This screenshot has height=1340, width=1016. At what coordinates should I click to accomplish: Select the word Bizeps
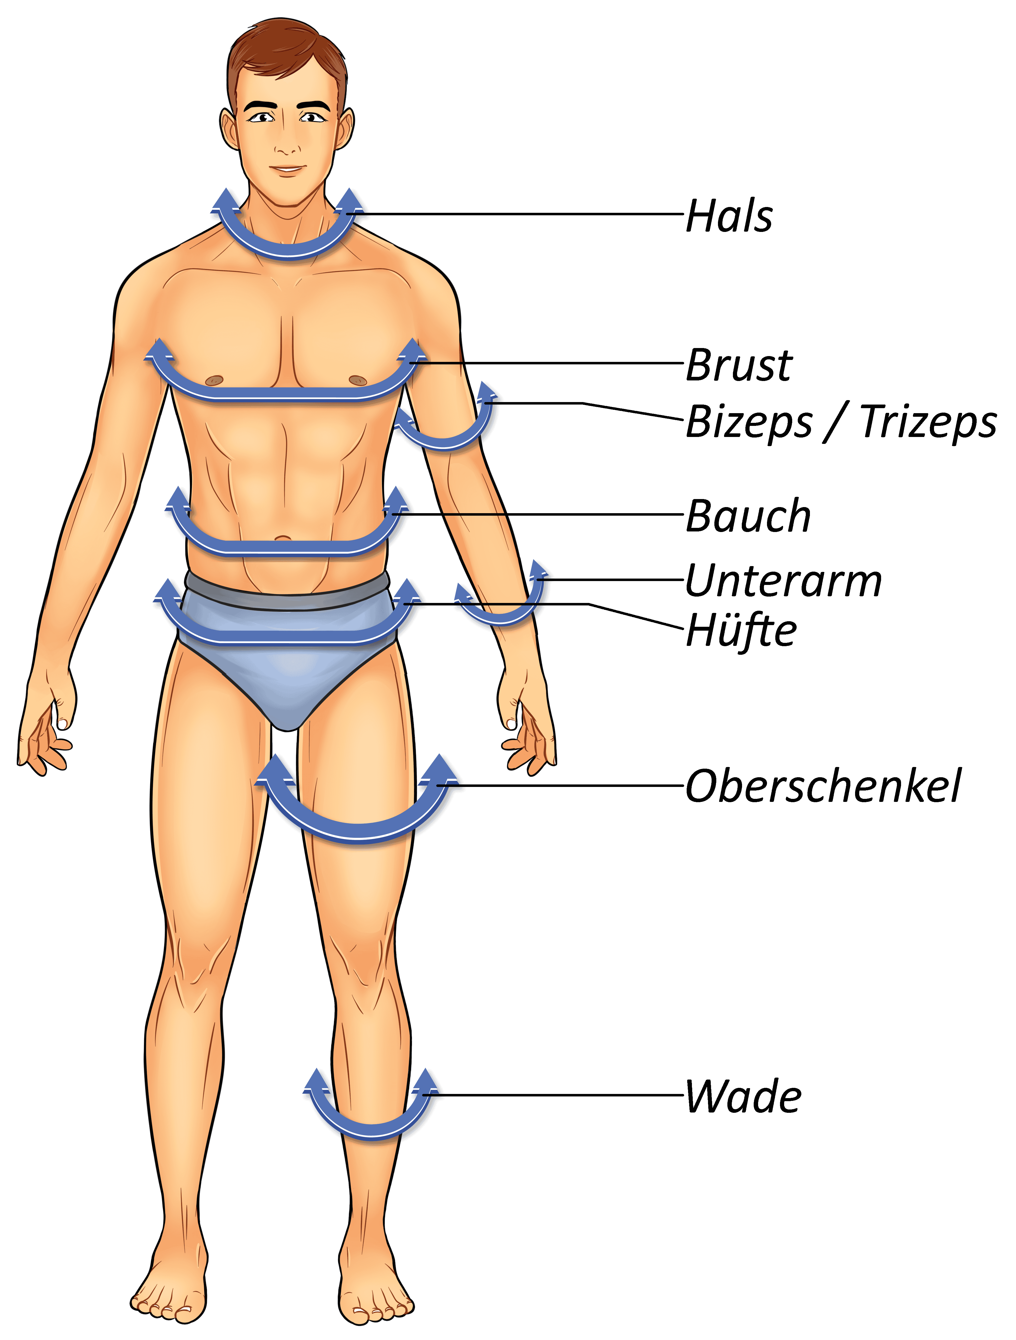(749, 422)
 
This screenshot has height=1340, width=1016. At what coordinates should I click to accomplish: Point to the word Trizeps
(928, 422)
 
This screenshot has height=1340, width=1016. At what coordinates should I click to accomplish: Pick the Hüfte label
(741, 630)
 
